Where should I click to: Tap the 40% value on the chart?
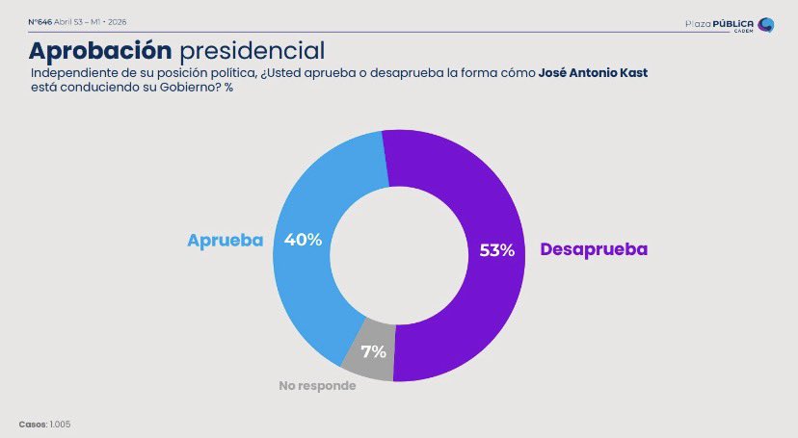point(303,240)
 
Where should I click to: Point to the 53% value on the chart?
point(497,250)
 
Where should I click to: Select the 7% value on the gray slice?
point(372,350)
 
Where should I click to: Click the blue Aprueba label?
point(225,241)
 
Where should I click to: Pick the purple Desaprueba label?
point(594,249)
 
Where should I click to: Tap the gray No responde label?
point(317,386)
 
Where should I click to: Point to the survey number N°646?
point(40,21)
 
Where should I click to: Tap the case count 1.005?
point(61,424)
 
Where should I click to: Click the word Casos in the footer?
point(32,424)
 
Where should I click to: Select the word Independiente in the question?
point(70,74)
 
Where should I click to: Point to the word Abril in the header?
point(65,21)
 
